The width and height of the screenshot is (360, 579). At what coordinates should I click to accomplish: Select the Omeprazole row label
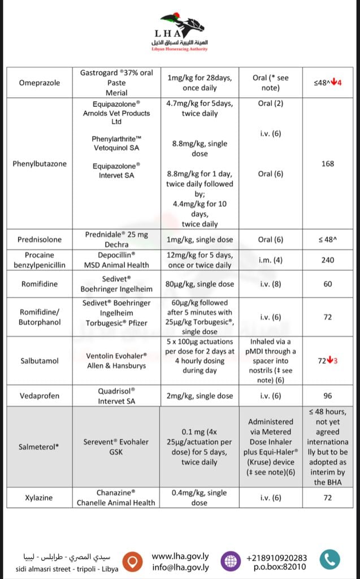pos(40,83)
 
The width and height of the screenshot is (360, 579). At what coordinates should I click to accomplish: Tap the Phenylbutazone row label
pos(40,164)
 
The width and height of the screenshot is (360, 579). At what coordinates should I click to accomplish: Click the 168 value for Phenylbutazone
pos(327,164)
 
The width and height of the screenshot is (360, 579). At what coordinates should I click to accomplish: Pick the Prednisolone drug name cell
pos(40,240)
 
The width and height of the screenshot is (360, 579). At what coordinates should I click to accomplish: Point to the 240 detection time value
pos(327,260)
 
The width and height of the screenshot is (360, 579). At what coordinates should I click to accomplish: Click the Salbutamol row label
pos(40,361)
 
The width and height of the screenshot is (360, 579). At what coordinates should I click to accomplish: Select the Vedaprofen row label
pos(40,396)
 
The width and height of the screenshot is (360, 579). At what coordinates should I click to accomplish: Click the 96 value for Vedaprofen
pos(327,396)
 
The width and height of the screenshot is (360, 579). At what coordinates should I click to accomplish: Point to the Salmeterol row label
pos(40,447)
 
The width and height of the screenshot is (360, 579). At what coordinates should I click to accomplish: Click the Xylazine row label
pos(40,498)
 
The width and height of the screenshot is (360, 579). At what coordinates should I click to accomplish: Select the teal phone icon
pos(329,560)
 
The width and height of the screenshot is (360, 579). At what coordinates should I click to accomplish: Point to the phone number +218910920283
pos(277,558)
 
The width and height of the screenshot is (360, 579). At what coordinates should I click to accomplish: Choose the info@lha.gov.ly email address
pos(180,567)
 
